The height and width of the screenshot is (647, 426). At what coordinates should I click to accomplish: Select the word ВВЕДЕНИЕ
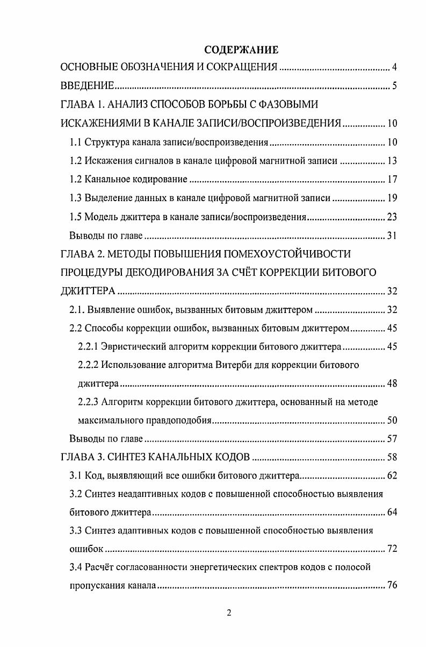86,86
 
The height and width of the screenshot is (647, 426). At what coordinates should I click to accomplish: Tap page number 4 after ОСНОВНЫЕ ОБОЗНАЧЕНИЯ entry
394,68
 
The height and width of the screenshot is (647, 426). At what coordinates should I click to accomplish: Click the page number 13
392,160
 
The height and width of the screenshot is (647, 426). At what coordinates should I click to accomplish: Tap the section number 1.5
76,217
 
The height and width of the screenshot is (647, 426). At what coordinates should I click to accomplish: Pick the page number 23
392,217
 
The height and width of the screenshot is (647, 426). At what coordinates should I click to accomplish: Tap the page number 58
392,458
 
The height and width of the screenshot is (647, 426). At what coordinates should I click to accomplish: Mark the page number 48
392,383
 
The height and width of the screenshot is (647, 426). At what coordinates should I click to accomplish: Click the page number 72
392,549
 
